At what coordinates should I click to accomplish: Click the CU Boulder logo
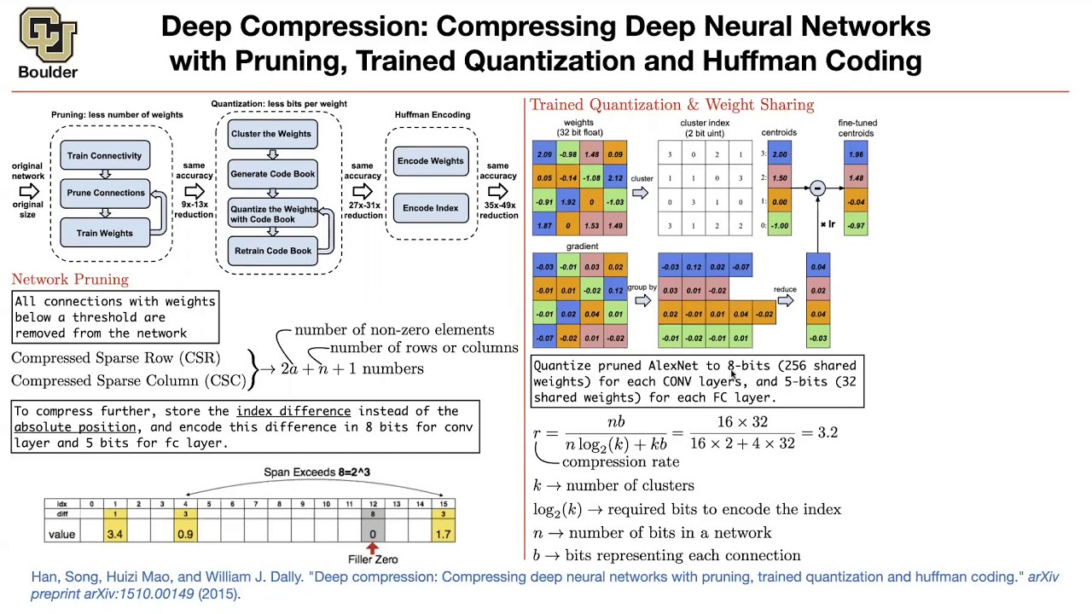click(48, 43)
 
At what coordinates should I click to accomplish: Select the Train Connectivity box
click(105, 155)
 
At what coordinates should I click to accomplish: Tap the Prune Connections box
click(106, 193)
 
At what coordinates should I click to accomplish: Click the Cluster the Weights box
click(271, 134)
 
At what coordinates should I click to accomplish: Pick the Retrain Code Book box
click(273, 251)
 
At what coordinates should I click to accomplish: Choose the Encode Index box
click(431, 208)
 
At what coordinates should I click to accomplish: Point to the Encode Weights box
click(431, 161)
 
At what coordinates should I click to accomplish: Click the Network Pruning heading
click(70, 280)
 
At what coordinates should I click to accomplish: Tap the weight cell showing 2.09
click(544, 154)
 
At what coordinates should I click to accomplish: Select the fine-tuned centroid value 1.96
click(856, 154)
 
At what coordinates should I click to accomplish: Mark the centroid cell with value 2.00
click(780, 154)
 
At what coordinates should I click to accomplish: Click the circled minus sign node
click(817, 188)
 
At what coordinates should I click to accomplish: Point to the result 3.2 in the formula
click(828, 432)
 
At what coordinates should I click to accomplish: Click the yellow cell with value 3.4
click(115, 535)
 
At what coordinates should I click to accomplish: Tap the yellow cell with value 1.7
click(443, 535)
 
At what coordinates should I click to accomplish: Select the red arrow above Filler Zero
click(372, 547)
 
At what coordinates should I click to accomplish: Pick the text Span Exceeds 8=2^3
click(317, 472)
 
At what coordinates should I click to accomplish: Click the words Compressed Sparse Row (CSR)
click(116, 358)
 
